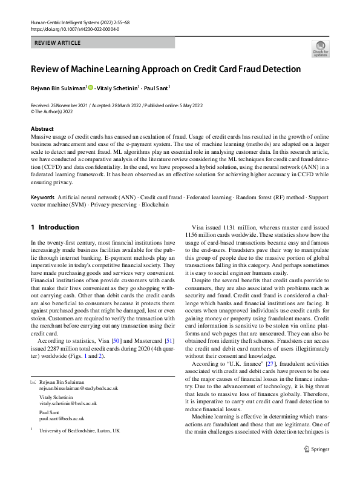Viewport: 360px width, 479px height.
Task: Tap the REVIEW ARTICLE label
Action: point(58,43)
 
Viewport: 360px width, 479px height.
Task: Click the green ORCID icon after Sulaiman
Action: point(91,88)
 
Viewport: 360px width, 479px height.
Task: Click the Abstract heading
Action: point(43,129)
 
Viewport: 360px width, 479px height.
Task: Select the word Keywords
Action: point(42,198)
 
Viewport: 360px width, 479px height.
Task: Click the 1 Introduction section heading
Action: point(54,228)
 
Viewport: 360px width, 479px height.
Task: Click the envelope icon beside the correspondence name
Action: point(33,383)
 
